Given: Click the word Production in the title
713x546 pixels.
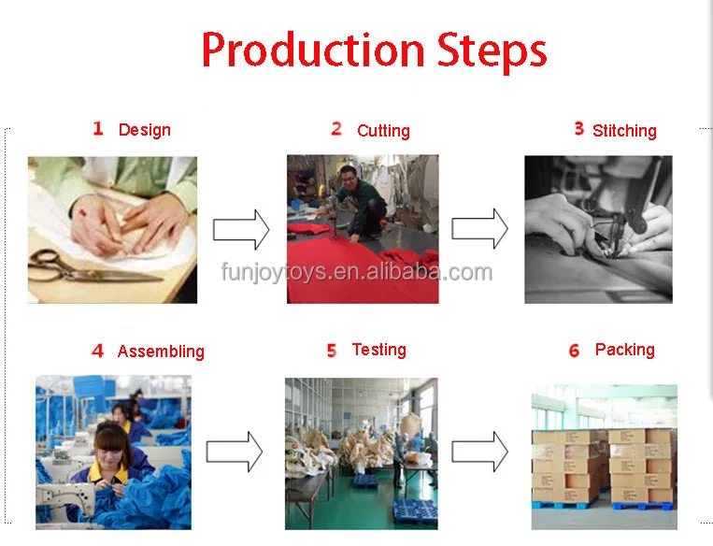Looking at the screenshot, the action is click(x=313, y=50).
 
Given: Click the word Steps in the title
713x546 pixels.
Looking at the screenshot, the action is click(x=492, y=52).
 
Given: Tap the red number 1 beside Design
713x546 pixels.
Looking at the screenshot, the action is click(x=98, y=129).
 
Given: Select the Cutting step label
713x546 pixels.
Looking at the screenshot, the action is click(x=383, y=131).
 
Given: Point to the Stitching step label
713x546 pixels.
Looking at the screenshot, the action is click(x=624, y=131).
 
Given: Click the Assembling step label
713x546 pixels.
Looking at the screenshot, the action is click(x=161, y=352).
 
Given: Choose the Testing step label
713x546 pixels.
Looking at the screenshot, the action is click(x=378, y=350).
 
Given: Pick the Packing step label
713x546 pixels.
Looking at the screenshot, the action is click(x=625, y=350).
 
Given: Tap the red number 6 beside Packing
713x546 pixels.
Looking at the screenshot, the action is click(x=575, y=351).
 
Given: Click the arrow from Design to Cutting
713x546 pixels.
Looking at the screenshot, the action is click(x=241, y=230).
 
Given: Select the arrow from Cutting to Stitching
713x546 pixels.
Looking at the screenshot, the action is click(x=479, y=229).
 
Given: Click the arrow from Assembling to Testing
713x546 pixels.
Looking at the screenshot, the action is click(x=235, y=452).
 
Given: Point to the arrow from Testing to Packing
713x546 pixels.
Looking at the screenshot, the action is click(x=479, y=452).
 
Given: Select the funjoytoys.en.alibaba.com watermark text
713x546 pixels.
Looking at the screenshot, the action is click(x=357, y=272).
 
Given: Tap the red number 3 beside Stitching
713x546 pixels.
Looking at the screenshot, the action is click(x=578, y=129).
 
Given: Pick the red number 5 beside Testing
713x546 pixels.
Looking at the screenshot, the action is click(x=332, y=351).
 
